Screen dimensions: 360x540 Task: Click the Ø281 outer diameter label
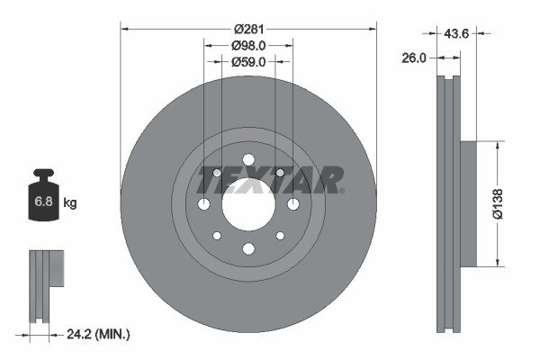pyautogui.click(x=247, y=29)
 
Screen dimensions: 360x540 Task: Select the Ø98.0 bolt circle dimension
pyautogui.click(x=247, y=46)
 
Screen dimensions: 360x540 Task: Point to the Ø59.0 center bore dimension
pyautogui.click(x=247, y=62)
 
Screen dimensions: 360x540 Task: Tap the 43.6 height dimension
pyautogui.click(x=457, y=33)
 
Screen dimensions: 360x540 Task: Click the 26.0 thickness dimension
pyautogui.click(x=414, y=58)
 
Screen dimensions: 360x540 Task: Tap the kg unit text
pyautogui.click(x=70, y=203)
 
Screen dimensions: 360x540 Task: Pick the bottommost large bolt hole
pyautogui.click(x=247, y=249)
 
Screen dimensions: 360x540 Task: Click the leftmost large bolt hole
pyautogui.click(x=203, y=204)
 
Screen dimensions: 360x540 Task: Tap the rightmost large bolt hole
pyautogui.click(x=292, y=204)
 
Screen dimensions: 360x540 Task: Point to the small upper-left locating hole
pyautogui.click(x=216, y=172)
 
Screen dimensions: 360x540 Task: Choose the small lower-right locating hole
pyautogui.click(x=280, y=236)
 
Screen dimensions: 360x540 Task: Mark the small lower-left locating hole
pyautogui.click(x=216, y=236)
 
